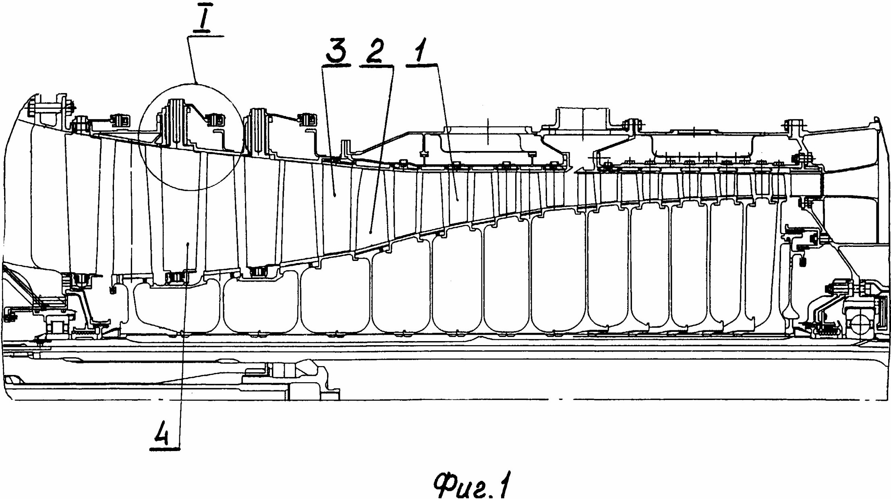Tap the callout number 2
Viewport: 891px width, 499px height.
click(x=374, y=52)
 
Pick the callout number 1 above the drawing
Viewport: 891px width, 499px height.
click(x=421, y=50)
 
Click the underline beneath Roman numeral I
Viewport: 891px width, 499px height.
click(x=205, y=36)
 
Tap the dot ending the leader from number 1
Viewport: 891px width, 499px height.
click(x=458, y=198)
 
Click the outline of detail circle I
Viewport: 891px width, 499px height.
click(x=139, y=137)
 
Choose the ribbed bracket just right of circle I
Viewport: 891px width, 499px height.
click(x=259, y=131)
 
